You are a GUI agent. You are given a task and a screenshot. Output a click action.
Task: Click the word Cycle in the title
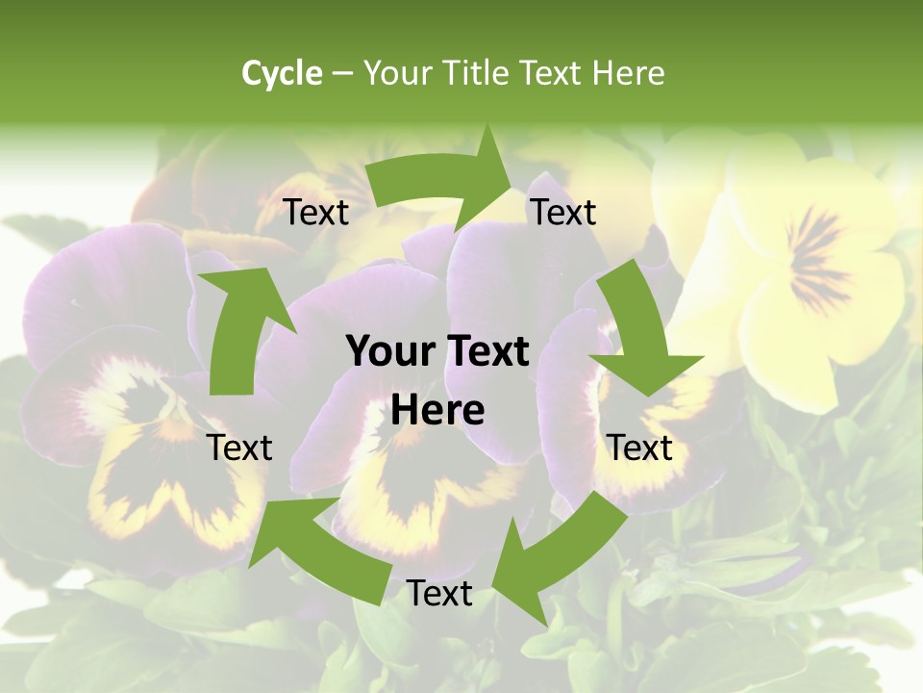282,73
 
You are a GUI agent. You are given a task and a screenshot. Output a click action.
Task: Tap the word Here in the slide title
628,73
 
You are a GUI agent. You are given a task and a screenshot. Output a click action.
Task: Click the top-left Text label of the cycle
316,212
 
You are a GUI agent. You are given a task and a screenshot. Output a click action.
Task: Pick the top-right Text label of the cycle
563,212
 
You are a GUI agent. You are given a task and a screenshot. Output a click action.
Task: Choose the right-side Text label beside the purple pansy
640,448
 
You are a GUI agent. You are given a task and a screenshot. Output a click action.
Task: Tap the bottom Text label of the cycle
439,593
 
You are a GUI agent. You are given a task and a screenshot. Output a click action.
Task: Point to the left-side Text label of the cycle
240,448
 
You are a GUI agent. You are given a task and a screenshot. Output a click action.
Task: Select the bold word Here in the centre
437,411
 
